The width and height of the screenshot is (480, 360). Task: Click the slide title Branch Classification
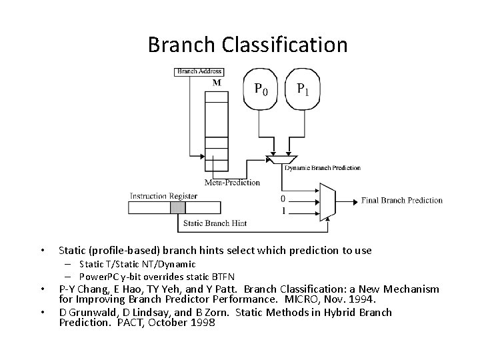point(247,45)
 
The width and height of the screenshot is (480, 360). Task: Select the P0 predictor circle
point(261,89)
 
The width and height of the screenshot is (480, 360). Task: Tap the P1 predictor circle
point(302,89)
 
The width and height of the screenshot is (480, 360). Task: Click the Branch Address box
point(198,71)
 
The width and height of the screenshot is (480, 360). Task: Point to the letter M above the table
point(216,83)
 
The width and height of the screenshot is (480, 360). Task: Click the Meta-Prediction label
point(232,182)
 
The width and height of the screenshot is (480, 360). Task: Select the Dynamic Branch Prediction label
point(323,168)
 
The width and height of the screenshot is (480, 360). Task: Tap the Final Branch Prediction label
point(401,200)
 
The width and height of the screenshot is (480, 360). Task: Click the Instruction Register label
point(163,196)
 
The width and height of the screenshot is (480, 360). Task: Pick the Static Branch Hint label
point(214,223)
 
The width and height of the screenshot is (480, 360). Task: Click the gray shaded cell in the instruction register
point(177,207)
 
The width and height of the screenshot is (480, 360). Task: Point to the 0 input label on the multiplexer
point(283,199)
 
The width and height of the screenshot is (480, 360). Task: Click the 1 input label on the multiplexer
point(283,211)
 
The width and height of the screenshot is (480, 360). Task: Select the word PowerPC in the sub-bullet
point(98,276)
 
